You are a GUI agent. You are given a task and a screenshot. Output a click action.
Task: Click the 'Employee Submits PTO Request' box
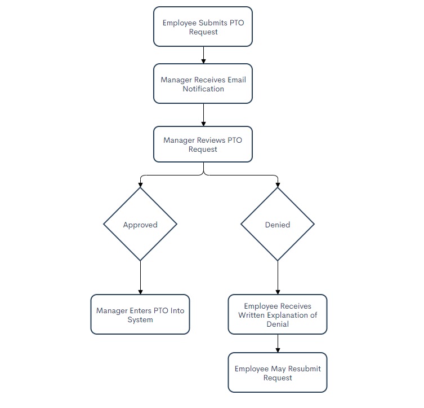click(203, 27)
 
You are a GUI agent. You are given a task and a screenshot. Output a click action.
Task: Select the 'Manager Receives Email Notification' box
click(203, 84)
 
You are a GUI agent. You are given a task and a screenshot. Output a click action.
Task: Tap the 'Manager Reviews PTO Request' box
click(203, 144)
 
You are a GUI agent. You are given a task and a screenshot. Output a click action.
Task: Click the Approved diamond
click(140, 224)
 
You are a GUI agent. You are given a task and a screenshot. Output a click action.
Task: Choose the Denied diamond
click(278, 224)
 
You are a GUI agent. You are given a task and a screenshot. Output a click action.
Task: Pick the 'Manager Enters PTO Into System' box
click(140, 314)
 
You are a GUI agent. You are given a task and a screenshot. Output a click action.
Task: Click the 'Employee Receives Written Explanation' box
click(278, 314)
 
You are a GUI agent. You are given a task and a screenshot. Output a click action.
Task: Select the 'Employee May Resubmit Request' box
click(278, 372)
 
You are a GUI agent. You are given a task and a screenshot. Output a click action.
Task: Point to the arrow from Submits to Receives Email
click(203, 55)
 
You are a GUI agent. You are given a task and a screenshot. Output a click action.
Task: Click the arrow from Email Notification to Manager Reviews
click(203, 115)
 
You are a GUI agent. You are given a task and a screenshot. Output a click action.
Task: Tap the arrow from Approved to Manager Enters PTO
click(140, 278)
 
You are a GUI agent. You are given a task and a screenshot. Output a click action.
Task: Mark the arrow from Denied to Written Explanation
click(278, 278)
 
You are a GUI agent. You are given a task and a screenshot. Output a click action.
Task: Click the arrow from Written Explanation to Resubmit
click(278, 344)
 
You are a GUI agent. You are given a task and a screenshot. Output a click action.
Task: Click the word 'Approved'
click(140, 225)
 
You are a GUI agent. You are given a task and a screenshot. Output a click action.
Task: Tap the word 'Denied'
click(278, 225)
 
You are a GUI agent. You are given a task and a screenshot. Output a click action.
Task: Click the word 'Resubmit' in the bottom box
click(304, 368)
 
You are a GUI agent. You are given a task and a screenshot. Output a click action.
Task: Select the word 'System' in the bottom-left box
click(140, 319)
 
